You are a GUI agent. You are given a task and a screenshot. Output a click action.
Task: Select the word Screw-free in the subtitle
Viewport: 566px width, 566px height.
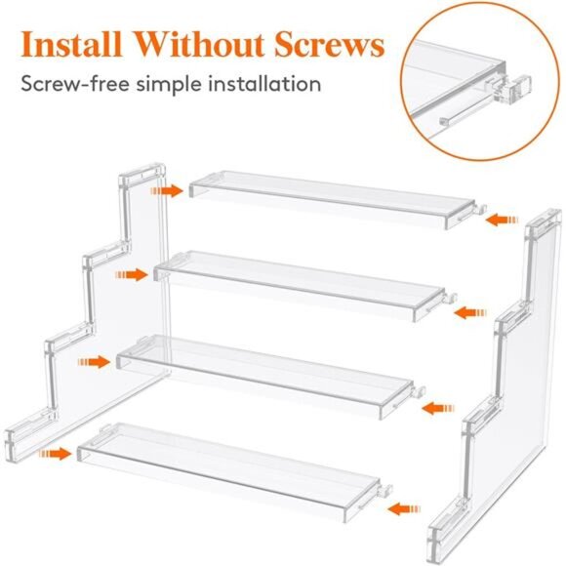tap(76, 84)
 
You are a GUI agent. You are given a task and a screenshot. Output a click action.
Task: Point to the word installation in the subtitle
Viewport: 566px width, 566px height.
tap(263, 84)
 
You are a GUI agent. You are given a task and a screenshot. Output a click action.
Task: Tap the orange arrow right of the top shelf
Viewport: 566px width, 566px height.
tap(504, 220)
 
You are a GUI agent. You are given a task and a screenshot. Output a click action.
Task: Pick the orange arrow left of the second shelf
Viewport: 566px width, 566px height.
tap(131, 275)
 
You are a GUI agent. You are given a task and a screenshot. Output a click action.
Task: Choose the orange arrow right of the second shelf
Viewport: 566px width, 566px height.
tap(470, 312)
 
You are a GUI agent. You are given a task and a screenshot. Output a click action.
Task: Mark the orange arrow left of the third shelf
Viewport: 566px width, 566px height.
tap(94, 362)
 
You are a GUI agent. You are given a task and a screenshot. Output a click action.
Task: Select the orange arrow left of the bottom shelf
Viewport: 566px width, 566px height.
tap(55, 453)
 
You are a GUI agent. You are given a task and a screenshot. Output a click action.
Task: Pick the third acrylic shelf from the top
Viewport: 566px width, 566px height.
tap(263, 374)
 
